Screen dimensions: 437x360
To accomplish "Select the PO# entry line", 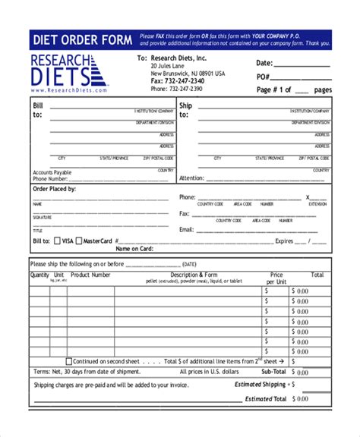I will click(x=303, y=78).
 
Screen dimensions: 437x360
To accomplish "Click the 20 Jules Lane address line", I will click(x=171, y=66).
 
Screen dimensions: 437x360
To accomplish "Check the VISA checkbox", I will click(x=56, y=241).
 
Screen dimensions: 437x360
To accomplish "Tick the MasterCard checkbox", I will click(x=79, y=241).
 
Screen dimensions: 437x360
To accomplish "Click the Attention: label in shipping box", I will click(x=193, y=178).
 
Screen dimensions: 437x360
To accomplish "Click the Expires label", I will click(x=283, y=241).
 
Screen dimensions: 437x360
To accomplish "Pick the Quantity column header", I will click(x=39, y=275).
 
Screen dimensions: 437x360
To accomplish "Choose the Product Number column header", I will click(x=90, y=275).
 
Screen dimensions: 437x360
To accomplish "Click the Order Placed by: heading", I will click(x=54, y=188).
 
